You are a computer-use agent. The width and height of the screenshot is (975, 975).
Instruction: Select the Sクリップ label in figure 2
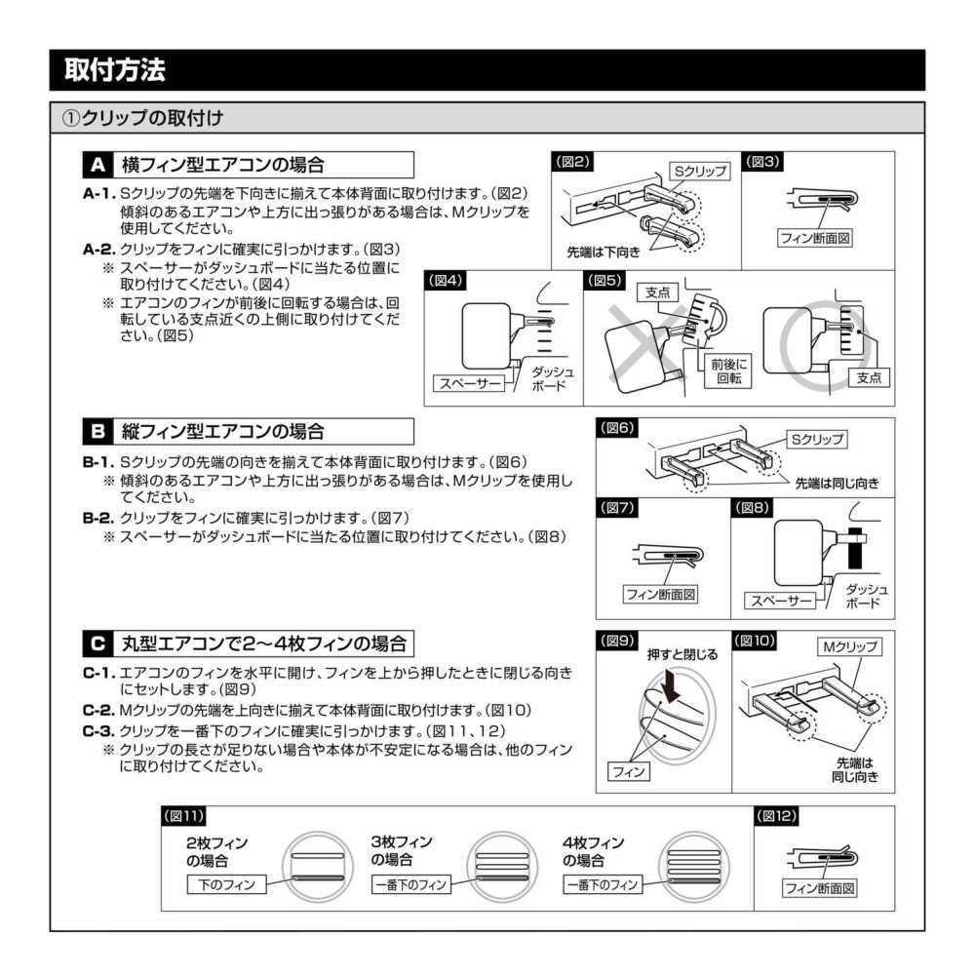point(701,171)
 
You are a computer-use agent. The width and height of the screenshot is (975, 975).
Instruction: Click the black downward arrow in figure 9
point(671,688)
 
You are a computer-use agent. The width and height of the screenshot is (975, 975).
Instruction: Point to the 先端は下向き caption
point(604,252)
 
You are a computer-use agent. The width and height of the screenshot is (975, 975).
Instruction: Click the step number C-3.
point(99,730)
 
